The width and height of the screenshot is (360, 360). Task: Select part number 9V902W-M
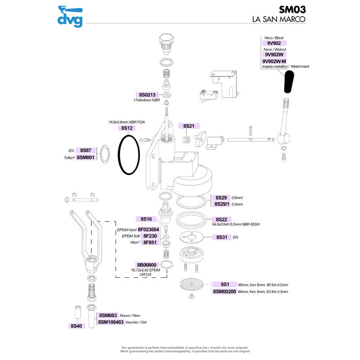pyautogui.click(x=274, y=61)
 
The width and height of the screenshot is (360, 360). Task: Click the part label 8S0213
pyautogui.click(x=147, y=95)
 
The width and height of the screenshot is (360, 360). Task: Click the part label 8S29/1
pyautogui.click(x=220, y=204)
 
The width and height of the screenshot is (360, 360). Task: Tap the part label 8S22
pyautogui.click(x=220, y=219)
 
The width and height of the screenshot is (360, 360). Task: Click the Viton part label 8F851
pyautogui.click(x=149, y=242)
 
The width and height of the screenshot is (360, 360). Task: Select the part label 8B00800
pyautogui.click(x=147, y=265)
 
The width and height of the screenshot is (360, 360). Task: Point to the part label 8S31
pyautogui.click(x=220, y=237)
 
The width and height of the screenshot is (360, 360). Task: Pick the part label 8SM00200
pyautogui.click(x=224, y=292)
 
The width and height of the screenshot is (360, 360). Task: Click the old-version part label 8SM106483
pyautogui.click(x=110, y=322)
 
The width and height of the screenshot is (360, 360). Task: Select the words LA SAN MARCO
pyautogui.click(x=279, y=20)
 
